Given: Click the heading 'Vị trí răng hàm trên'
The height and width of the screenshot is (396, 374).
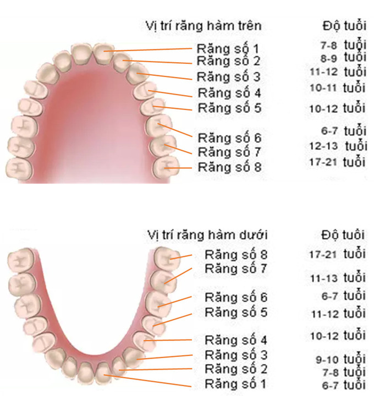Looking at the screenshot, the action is coord(204,26).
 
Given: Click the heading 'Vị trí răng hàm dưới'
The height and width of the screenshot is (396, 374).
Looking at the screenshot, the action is coord(207,235).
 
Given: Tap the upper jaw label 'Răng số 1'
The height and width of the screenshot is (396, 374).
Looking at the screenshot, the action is coord(228,49).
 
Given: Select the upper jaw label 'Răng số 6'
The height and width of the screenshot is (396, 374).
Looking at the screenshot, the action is coord(229,138).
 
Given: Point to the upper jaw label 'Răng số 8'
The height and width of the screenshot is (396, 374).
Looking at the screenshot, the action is coord(229,167).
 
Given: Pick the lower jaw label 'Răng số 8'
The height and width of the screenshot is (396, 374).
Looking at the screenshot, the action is coord(236,254).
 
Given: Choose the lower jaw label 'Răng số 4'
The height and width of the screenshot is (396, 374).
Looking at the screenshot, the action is coord(236,340).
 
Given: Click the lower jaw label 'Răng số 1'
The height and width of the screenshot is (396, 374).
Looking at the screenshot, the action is coord(235,384).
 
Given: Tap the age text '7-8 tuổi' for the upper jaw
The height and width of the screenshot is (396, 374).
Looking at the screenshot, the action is coord(343,45).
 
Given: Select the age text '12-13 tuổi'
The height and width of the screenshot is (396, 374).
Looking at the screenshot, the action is coord(338,146).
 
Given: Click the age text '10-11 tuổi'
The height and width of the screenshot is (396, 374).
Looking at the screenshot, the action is coord(338,87).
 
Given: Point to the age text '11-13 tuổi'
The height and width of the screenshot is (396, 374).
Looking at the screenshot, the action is coord(338,277).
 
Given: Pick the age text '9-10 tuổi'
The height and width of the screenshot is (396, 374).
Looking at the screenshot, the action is coord(340,359).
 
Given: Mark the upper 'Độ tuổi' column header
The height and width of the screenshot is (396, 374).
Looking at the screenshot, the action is coord(344,26).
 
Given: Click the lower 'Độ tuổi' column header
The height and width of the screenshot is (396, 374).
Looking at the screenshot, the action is coord(343,235).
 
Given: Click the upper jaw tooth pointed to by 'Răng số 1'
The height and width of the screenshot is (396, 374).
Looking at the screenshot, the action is coord(103,54).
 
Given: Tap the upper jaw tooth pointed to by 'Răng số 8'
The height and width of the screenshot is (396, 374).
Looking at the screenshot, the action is coord(166,167).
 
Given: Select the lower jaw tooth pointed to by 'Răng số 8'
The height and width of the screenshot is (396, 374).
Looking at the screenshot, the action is coord(167,258).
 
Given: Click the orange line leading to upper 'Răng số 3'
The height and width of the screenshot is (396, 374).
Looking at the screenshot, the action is coord(164,76).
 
